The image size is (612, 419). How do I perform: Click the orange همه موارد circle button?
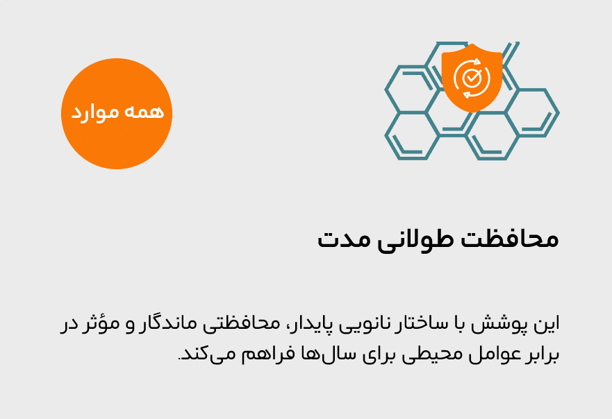[117, 114]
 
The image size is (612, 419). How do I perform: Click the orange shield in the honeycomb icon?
[472, 78]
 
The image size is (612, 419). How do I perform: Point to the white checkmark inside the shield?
[472, 78]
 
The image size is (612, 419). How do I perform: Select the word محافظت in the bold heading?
[510, 239]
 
